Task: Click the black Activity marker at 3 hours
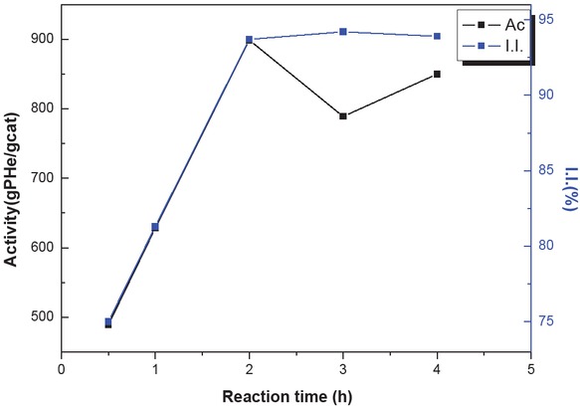tap(343, 116)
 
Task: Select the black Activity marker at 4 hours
tap(437, 75)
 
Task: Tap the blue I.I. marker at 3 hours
tap(343, 32)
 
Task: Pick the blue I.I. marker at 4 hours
tap(437, 37)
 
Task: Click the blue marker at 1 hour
tap(155, 227)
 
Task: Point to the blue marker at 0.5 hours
tap(108, 321)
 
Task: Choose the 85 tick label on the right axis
tap(548, 170)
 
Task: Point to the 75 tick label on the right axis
tap(548, 321)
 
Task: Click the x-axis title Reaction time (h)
tap(295, 395)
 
